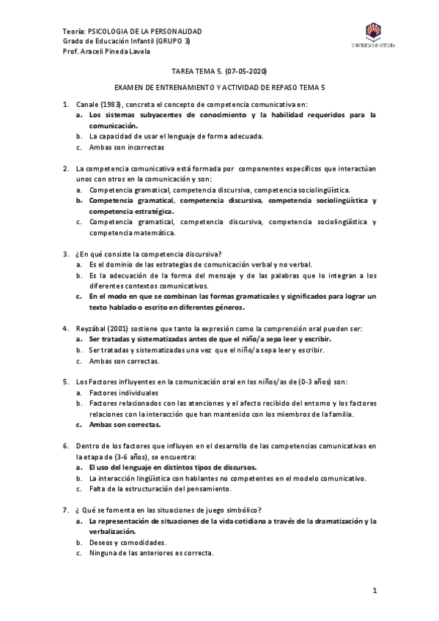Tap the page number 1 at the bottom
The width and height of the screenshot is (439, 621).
point(374,590)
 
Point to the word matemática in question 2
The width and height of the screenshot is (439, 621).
point(150,233)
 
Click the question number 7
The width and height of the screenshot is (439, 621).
point(66,510)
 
